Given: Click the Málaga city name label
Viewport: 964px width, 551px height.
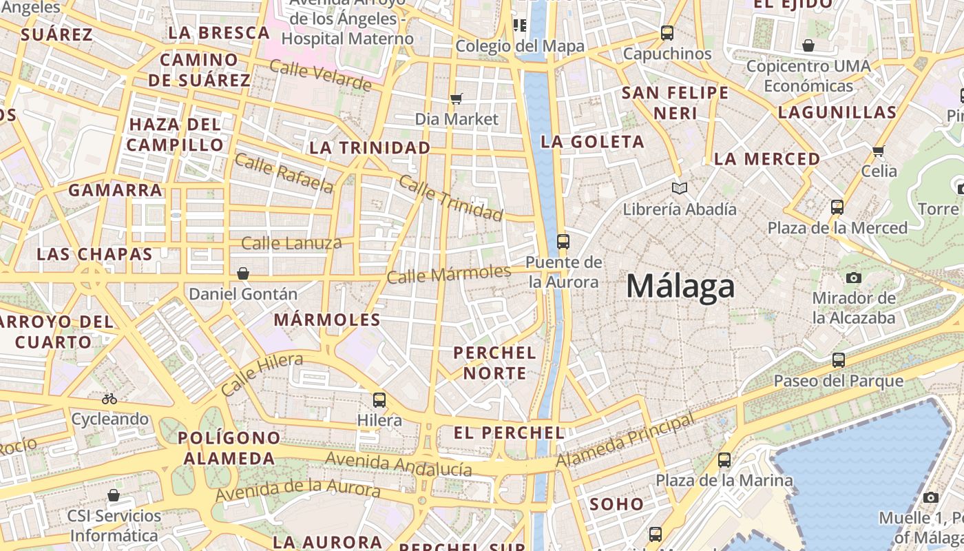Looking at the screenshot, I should [x=680, y=287].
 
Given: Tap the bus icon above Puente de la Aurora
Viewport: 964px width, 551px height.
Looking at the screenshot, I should [x=563, y=241].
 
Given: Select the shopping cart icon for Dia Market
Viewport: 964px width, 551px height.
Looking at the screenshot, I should [x=456, y=98].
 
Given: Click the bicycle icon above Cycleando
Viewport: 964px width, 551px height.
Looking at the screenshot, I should [x=109, y=398].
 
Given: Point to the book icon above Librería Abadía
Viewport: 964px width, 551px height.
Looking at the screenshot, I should [x=680, y=188].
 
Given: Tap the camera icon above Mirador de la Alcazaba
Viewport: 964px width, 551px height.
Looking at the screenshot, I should [x=854, y=278].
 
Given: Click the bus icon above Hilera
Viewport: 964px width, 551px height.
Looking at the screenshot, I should [x=379, y=399].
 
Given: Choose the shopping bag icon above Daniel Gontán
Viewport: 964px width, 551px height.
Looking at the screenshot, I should [x=242, y=273].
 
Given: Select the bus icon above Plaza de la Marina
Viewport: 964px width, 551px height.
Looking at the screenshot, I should [x=724, y=459].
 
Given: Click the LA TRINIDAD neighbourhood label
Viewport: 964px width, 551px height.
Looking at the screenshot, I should [x=370, y=147].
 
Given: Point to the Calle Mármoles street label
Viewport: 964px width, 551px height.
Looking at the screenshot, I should [x=448, y=274].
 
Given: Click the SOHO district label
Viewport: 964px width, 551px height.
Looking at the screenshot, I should [x=616, y=503].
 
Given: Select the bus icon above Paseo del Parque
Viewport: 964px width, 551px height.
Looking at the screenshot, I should [x=838, y=360].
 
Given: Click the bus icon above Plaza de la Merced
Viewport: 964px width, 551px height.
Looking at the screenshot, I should [x=837, y=207].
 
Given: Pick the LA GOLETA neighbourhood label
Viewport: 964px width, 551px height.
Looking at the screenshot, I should [x=593, y=142].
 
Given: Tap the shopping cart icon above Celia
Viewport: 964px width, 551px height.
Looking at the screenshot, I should [x=878, y=150].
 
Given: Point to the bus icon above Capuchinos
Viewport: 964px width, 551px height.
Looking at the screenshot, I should [x=667, y=32].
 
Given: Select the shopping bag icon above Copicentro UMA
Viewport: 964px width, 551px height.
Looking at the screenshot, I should [x=808, y=45].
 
